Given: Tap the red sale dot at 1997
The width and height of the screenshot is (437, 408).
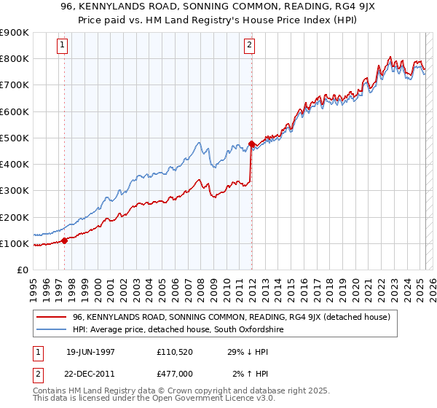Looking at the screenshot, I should [x=65, y=240].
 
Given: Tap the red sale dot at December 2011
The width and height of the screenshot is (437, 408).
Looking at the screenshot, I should [x=251, y=144].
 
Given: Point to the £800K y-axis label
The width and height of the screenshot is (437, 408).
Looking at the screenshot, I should [x=15, y=59].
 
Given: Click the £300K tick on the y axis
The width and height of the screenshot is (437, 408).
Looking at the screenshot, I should [x=15, y=191].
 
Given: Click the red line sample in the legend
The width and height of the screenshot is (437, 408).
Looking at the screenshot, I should [x=50, y=317].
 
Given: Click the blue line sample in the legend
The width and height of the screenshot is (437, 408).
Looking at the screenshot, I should [x=50, y=330].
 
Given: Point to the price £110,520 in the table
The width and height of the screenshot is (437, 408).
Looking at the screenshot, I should [x=176, y=351].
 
